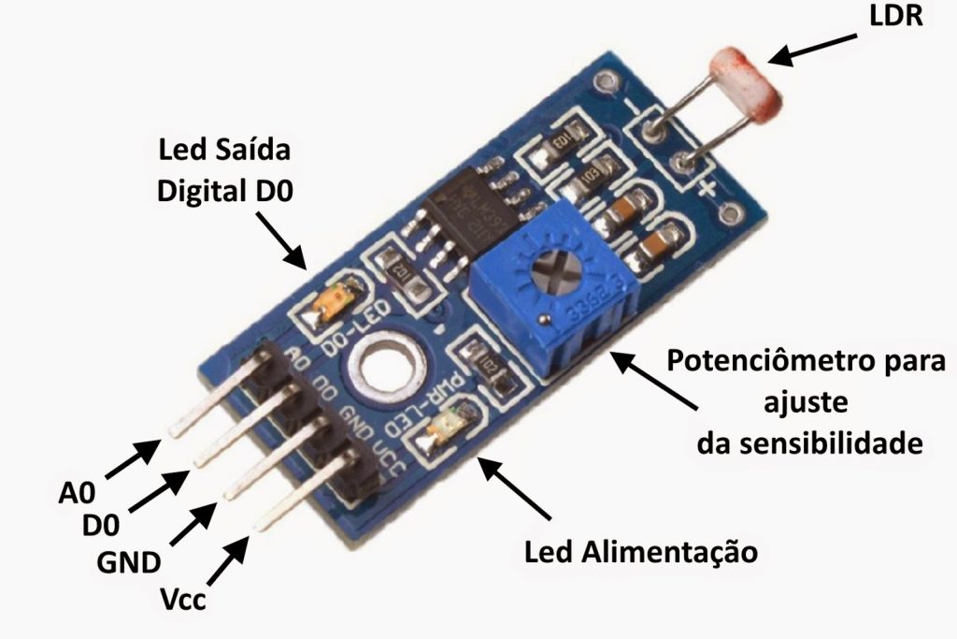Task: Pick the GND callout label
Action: tap(129, 563)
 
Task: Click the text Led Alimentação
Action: tap(640, 551)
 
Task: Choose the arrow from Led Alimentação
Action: tap(520, 490)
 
